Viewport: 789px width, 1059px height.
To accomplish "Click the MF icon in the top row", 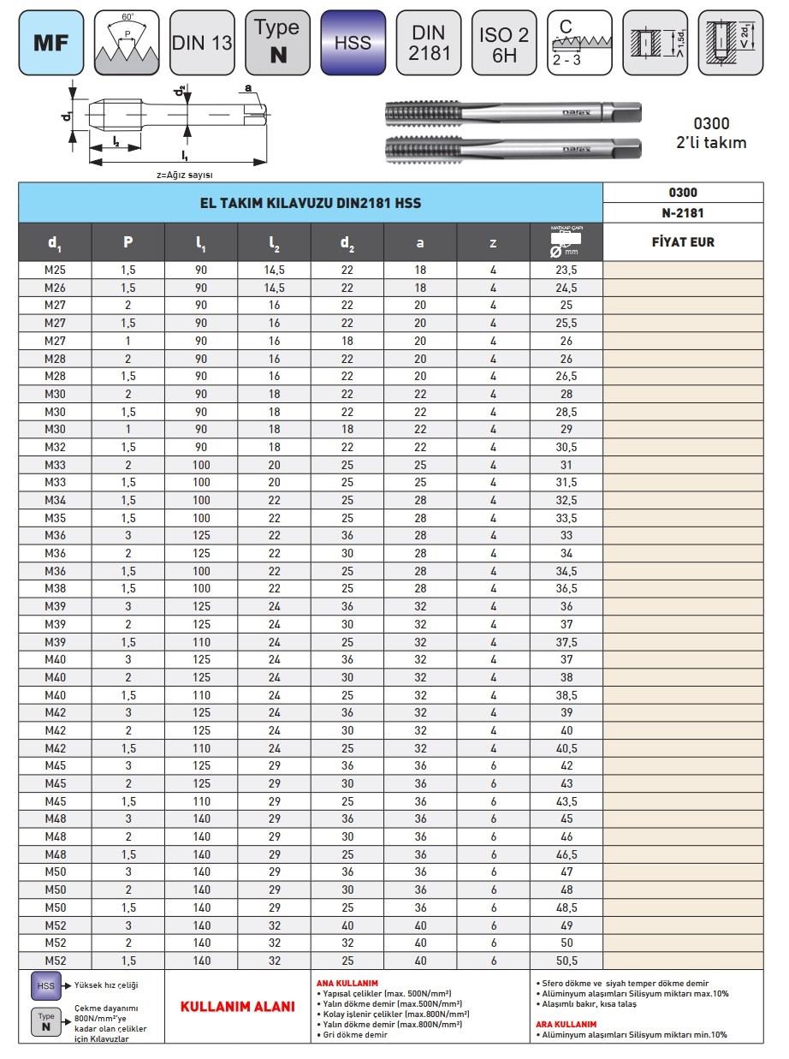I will click(51, 42).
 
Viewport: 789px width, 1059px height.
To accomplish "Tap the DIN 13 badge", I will click(202, 42).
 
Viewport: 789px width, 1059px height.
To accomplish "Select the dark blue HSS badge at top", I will click(353, 42).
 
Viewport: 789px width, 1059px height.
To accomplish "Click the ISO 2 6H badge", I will click(504, 42).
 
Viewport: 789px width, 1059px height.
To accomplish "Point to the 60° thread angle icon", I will click(127, 42).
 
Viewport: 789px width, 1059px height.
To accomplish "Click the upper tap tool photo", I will click(513, 113).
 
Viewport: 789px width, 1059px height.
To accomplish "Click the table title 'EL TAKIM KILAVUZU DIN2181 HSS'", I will click(311, 203).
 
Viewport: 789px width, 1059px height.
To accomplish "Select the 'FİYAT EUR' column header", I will click(683, 242).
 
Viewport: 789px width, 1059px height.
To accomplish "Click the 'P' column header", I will click(128, 242).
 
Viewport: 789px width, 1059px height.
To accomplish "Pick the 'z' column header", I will click(493, 242).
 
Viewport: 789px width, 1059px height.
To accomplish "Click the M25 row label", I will click(55, 271).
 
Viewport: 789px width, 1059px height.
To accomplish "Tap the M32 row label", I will click(55, 448).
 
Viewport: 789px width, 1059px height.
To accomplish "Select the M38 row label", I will click(55, 589).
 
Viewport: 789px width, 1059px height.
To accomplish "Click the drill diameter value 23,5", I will click(566, 271).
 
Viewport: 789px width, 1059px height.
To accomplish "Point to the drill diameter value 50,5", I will click(566, 961).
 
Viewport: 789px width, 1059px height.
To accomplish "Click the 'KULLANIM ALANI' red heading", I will click(237, 1007).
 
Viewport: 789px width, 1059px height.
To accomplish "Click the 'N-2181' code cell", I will click(683, 213).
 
